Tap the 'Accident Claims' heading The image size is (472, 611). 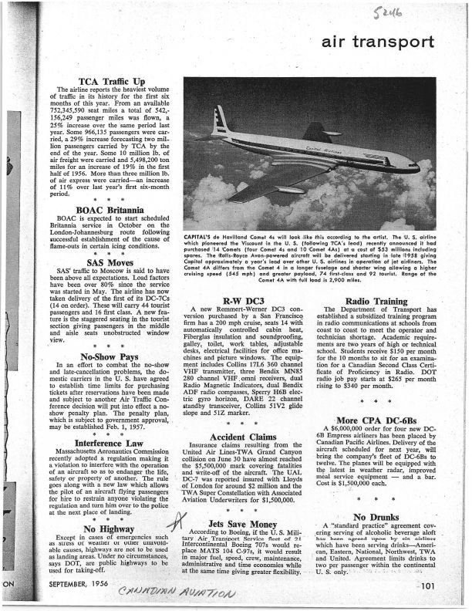coord(248,435)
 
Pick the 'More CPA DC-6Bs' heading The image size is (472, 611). coord(378,420)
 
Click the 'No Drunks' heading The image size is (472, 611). coord(378,516)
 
